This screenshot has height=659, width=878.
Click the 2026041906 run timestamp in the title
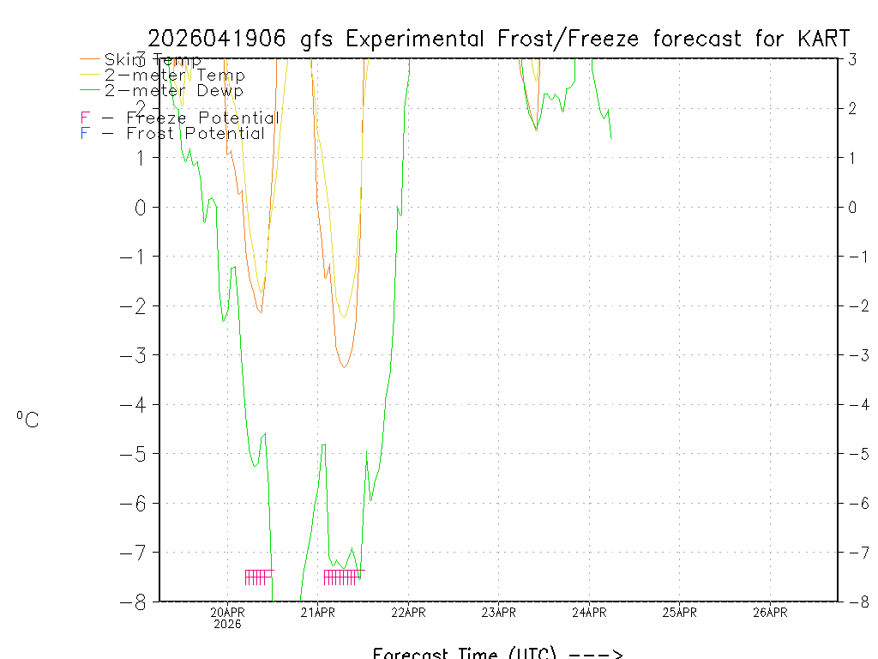pyautogui.click(x=220, y=39)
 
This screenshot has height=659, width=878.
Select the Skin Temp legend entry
pyautogui.click(x=153, y=60)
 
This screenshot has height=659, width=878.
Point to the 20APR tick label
pyautogui.click(x=228, y=613)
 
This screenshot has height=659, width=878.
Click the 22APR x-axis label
pyautogui.click(x=408, y=613)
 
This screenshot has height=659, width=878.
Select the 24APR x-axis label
pyautogui.click(x=589, y=613)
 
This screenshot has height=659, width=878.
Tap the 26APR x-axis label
pyautogui.click(x=770, y=613)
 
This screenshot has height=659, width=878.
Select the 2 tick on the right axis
pyautogui.click(x=852, y=109)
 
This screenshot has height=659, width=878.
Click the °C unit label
pyautogui.click(x=27, y=420)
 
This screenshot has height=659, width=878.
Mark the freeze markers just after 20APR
pyautogui.click(x=258, y=577)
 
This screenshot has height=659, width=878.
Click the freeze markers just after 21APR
pyautogui.click(x=342, y=577)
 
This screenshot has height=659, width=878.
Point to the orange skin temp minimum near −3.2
pyautogui.click(x=344, y=366)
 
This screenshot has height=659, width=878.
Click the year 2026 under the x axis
pyautogui.click(x=228, y=624)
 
